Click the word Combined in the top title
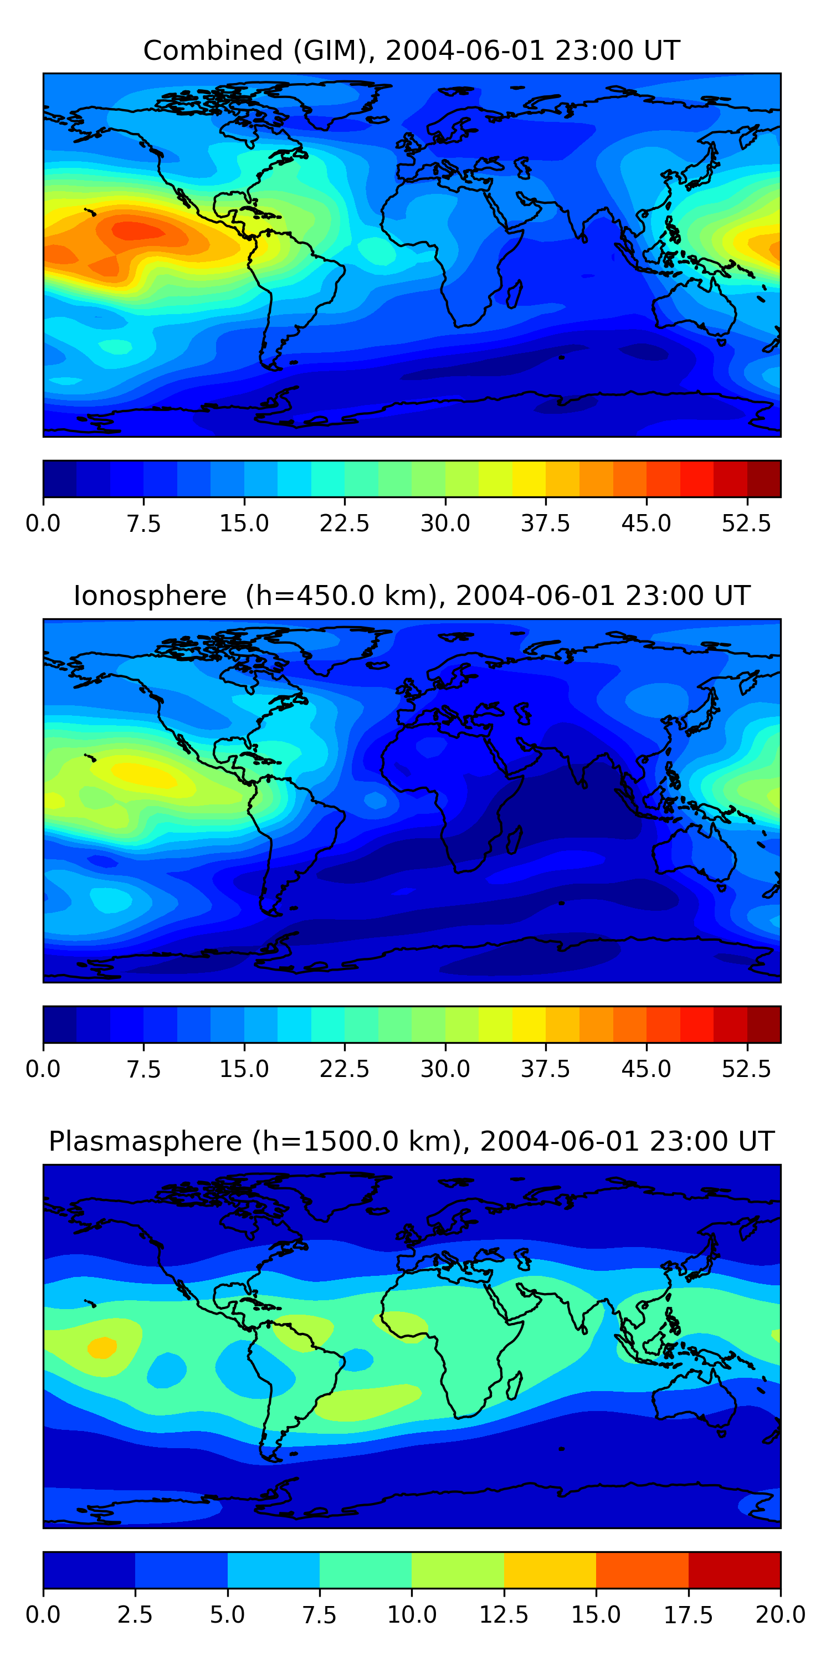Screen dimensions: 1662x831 [x=213, y=50]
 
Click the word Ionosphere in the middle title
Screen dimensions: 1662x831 [x=150, y=596]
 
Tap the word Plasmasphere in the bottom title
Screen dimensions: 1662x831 [x=145, y=1141]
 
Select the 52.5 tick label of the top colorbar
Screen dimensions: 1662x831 [x=746, y=523]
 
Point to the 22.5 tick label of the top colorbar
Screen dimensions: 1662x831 [x=345, y=523]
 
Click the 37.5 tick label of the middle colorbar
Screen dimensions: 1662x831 [x=545, y=1069]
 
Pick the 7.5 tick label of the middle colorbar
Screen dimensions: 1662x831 [x=143, y=1069]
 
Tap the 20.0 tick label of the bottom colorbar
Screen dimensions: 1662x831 [x=780, y=1615]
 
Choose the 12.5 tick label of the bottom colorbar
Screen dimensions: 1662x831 [x=504, y=1615]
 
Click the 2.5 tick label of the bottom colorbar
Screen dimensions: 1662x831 [x=135, y=1615]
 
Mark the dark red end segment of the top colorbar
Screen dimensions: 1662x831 [x=764, y=479]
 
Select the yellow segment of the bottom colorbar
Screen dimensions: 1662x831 [x=550, y=1569]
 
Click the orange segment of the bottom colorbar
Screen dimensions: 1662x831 [x=642, y=1569]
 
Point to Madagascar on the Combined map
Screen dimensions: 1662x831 [x=514, y=294]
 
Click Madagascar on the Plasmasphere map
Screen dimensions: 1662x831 [x=514, y=1385]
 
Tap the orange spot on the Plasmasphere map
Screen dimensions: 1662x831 [x=102, y=1348]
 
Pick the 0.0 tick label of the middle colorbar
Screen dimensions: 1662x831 [x=43, y=1069]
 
